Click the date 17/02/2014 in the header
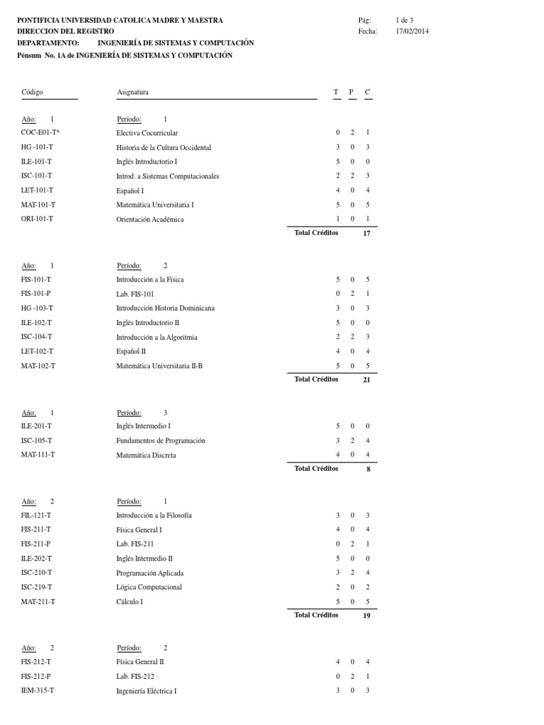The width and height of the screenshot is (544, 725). (x=412, y=31)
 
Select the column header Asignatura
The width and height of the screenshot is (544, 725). (x=132, y=93)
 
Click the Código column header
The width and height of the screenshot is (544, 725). (x=33, y=93)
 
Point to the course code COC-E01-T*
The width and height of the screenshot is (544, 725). (x=40, y=133)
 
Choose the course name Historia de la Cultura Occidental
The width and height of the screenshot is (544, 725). (x=164, y=147)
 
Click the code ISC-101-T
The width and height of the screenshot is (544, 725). (x=37, y=176)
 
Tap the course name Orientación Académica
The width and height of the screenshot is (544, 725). (x=149, y=219)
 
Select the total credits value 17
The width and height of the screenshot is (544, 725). (x=366, y=234)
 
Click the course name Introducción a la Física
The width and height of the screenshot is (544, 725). (x=150, y=280)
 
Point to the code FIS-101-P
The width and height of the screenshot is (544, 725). (x=36, y=294)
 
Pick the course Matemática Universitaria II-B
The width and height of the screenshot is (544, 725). (x=159, y=366)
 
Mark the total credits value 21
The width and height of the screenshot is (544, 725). (x=366, y=380)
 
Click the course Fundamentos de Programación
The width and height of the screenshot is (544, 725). (x=161, y=440)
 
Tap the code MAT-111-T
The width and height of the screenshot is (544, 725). (x=38, y=455)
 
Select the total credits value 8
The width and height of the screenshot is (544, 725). (x=368, y=469)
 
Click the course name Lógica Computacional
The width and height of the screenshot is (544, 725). (x=149, y=587)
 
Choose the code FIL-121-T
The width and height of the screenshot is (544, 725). (x=37, y=515)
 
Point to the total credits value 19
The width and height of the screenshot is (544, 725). (x=366, y=616)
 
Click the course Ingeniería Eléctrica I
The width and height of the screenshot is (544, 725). (x=147, y=690)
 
